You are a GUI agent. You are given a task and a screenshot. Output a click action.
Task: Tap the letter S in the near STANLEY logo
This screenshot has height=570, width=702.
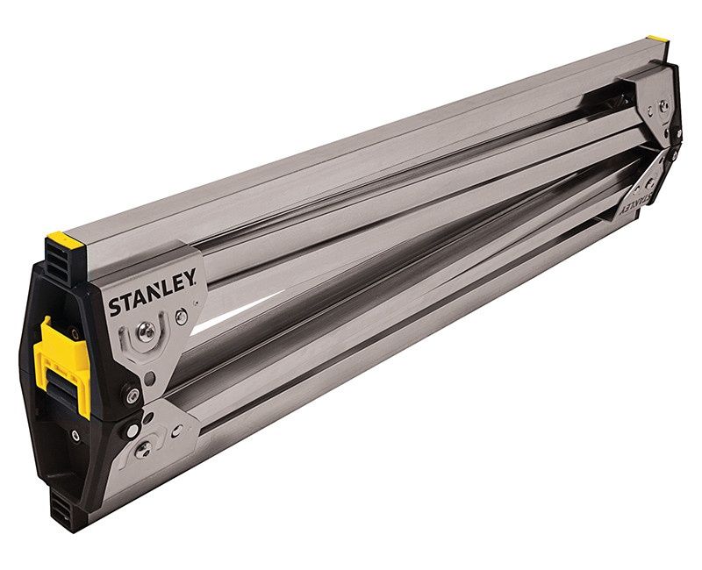tap(115, 308)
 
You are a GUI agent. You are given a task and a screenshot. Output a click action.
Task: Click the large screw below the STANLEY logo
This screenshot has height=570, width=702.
tap(148, 331)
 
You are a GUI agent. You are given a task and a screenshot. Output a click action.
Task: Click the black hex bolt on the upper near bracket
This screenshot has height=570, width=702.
tap(133, 395)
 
